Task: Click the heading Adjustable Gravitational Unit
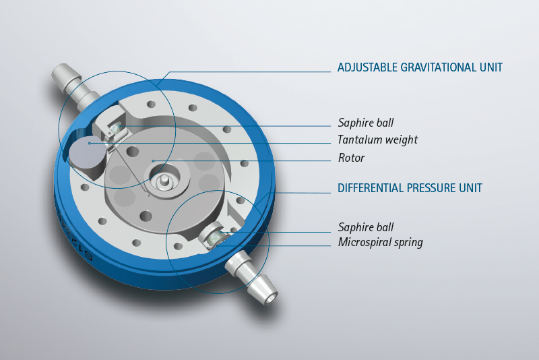(420, 67)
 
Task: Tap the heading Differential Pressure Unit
(410, 188)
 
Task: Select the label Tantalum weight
(377, 140)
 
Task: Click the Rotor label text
(351, 158)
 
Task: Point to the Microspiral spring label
(380, 243)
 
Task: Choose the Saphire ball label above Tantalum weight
(366, 123)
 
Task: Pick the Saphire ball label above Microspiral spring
(366, 227)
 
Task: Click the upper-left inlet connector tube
(74, 85)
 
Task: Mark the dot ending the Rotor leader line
(154, 160)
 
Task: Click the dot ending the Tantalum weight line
(90, 143)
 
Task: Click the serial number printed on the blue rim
(73, 237)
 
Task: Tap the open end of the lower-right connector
(270, 298)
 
